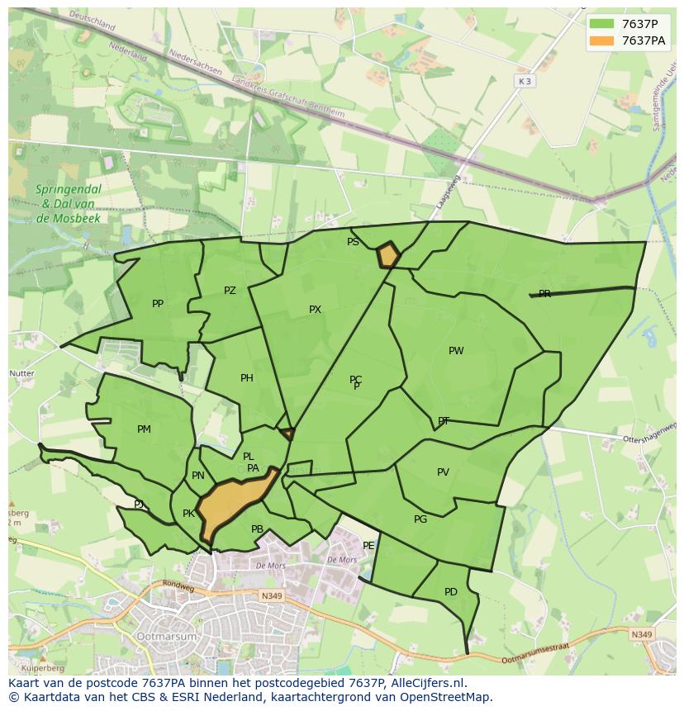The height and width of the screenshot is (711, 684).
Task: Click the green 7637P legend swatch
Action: coord(602,23)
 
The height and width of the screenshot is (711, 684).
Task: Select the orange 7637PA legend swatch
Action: coord(602,40)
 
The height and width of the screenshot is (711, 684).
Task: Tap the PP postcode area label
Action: coord(158,304)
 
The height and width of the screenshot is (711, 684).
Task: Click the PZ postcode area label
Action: coord(230,291)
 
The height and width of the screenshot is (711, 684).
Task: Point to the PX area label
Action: coord(315,310)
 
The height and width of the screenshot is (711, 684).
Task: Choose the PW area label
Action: coord(456,351)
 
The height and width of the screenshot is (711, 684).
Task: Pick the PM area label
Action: coord(144,429)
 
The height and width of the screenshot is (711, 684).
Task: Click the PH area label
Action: coord(247,378)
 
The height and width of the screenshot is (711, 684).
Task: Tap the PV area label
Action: coord(443,472)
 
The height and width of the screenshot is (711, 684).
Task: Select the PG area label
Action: coord(420,519)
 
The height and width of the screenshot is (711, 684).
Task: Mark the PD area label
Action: coord(450,592)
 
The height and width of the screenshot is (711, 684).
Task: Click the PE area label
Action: coord(368,546)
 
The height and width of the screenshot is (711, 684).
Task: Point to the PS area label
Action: coord(353,242)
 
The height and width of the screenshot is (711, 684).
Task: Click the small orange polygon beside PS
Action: coord(388,255)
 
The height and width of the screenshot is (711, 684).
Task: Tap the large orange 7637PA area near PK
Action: coord(234,505)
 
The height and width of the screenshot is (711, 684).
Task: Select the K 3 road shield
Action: coord(525,81)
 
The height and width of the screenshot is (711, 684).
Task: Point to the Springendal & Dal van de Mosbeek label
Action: coord(68,203)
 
